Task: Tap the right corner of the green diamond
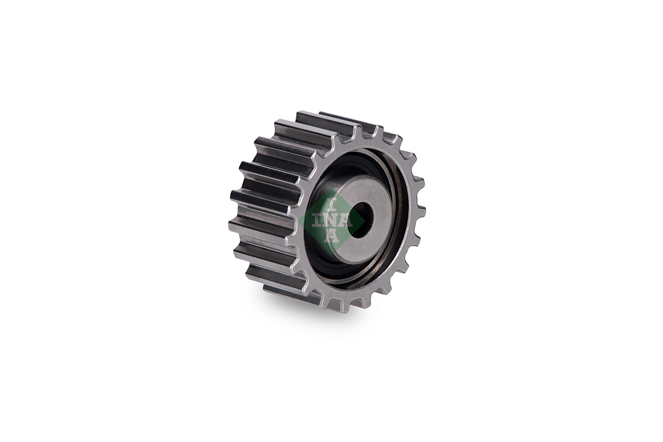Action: pos(365,221)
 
